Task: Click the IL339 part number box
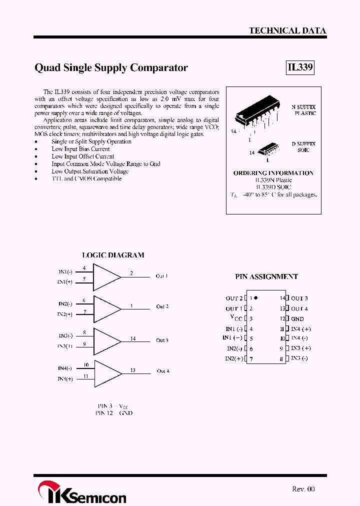pyautogui.click(x=300, y=68)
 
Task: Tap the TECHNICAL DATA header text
pyautogui.click(x=287, y=30)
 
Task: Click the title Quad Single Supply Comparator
pyautogui.click(x=111, y=68)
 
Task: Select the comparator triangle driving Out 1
pyautogui.click(x=106, y=276)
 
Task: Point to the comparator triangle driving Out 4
pyautogui.click(x=106, y=373)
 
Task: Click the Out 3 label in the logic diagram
pyautogui.click(x=162, y=340)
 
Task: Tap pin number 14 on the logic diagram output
pyautogui.click(x=133, y=338)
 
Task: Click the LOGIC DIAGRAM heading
pyautogui.click(x=113, y=255)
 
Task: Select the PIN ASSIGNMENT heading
pyautogui.click(x=266, y=276)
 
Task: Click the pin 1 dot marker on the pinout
pyautogui.click(x=255, y=297)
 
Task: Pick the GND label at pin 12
pyautogui.click(x=297, y=318)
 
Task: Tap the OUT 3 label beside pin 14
pyautogui.click(x=299, y=298)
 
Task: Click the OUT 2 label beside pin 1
pyautogui.click(x=234, y=298)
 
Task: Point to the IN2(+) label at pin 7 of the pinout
pyautogui.click(x=234, y=358)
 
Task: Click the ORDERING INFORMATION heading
pyautogui.click(x=273, y=173)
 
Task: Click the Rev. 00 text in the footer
pyautogui.click(x=303, y=489)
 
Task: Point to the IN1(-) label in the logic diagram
pyautogui.click(x=65, y=271)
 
